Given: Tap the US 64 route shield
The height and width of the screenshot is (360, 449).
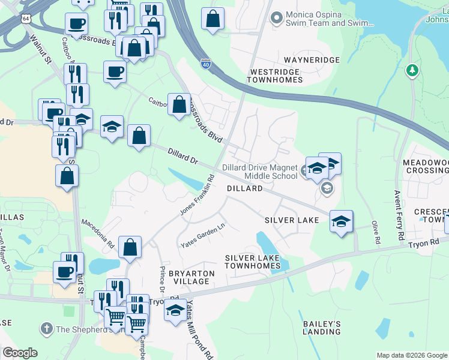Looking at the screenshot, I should pyautogui.click(x=26, y=19).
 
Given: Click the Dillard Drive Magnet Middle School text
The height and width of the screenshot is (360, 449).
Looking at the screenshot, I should pyautogui.click(x=259, y=171).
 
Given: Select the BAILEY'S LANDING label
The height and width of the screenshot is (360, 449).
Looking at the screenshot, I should pyautogui.click(x=322, y=328).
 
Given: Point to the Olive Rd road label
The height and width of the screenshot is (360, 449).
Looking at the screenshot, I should pyautogui.click(x=376, y=232).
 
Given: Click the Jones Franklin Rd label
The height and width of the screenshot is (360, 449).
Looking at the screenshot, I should pyautogui.click(x=197, y=196).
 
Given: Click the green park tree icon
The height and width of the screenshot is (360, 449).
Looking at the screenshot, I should pyautogui.click(x=412, y=71).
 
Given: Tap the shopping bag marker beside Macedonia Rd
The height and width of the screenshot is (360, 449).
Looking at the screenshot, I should pyautogui.click(x=130, y=247).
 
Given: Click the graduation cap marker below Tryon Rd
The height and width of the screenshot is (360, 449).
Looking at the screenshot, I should pyautogui.click(x=175, y=311).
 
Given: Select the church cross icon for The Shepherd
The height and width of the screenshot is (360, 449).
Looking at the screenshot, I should pyautogui.click(x=47, y=328).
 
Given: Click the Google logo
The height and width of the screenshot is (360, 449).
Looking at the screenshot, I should pyautogui.click(x=20, y=353).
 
